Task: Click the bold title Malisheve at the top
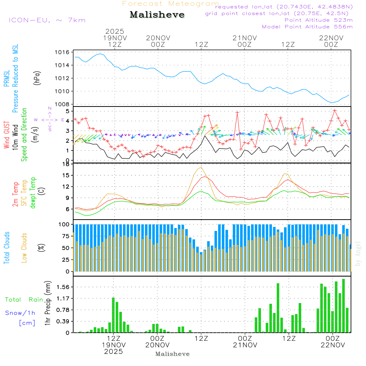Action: [157, 15]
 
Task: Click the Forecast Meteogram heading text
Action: [171, 4]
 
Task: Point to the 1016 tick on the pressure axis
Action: [63, 52]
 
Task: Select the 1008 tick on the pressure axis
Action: [63, 104]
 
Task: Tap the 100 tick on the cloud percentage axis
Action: [64, 224]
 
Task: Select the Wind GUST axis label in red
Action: [7, 135]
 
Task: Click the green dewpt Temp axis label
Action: [33, 193]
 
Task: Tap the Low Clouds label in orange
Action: [25, 247]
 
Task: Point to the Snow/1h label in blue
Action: [20, 313]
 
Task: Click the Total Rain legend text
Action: [24, 300]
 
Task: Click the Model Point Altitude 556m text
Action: [307, 27]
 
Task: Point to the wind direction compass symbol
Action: [50, 119]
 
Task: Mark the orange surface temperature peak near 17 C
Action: [201, 167]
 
